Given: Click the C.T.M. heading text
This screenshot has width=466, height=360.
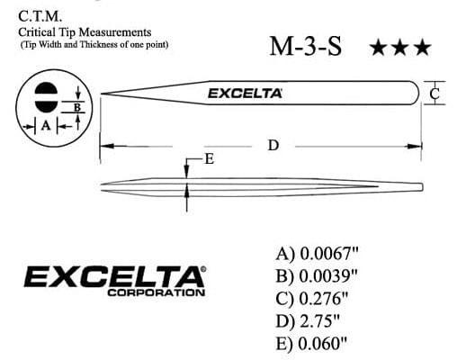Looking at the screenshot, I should [40, 13].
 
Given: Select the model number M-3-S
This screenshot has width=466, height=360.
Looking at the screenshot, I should [305, 48].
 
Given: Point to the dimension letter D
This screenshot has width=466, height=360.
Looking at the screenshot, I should [273, 145].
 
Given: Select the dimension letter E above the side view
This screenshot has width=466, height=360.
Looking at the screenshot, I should [209, 159].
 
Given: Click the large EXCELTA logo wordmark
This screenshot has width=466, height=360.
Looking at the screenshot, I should [114, 275].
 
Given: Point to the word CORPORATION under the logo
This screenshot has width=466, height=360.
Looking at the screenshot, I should [156, 293].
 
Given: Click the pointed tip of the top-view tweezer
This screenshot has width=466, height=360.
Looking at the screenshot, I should [102, 94].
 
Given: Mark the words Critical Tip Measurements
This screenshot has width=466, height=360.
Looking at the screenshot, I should [85, 31].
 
